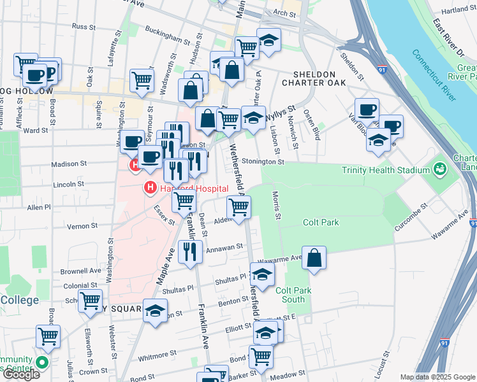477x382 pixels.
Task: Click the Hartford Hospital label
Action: [x=184, y=188]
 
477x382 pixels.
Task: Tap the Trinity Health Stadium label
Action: [x=385, y=170]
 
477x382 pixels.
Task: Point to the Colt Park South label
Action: [x=293, y=295]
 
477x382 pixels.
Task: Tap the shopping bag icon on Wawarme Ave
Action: [x=314, y=258]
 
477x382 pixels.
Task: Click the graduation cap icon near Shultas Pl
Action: [x=261, y=274]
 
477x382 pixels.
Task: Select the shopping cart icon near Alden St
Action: [x=238, y=206]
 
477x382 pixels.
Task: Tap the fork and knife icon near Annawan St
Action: [x=189, y=251]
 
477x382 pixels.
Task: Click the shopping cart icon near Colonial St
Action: [x=91, y=300]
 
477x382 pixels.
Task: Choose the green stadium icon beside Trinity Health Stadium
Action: [x=439, y=170]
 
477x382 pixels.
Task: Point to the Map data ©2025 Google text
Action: [x=437, y=377]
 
